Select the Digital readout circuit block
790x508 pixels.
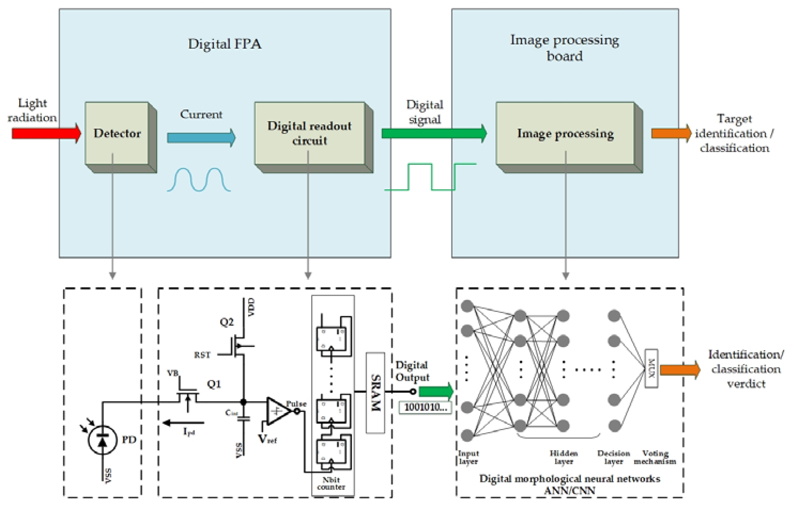click(310, 133)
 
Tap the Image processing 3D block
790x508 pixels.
click(565, 133)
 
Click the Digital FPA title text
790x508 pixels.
click(224, 44)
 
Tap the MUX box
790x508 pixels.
click(651, 368)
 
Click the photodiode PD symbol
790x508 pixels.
click(102, 440)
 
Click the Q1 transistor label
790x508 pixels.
click(214, 384)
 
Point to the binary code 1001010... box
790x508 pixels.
click(425, 407)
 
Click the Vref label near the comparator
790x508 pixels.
click(267, 439)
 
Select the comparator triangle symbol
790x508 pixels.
click(278, 411)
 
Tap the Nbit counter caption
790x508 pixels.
click(331, 483)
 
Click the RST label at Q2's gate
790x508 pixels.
click(202, 355)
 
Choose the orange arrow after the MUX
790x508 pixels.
click(679, 370)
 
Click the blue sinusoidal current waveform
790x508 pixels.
click(199, 180)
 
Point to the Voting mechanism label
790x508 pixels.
click(655, 457)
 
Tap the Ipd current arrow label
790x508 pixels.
click(189, 431)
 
